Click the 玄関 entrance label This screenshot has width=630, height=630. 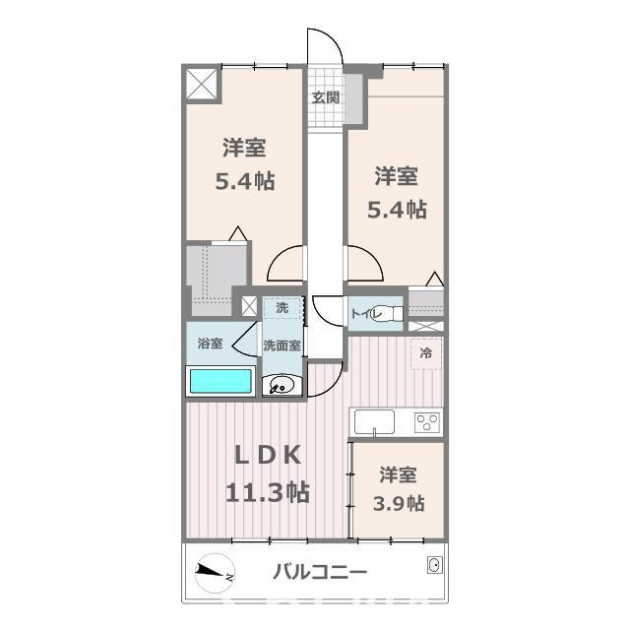tap(327, 97)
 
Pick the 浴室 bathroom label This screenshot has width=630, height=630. tap(210, 344)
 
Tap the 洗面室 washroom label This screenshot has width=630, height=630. tap(283, 346)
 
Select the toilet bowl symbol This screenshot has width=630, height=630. tap(388, 314)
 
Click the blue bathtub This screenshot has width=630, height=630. tap(221, 382)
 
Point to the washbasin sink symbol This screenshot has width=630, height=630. tap(282, 385)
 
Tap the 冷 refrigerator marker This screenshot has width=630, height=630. tap(426, 352)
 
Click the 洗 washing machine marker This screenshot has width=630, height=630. tap(283, 307)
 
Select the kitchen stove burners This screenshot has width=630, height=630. tap(428, 421)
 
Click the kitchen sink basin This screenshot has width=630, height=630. tap(375, 422)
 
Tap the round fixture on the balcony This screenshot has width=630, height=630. tap(432, 564)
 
